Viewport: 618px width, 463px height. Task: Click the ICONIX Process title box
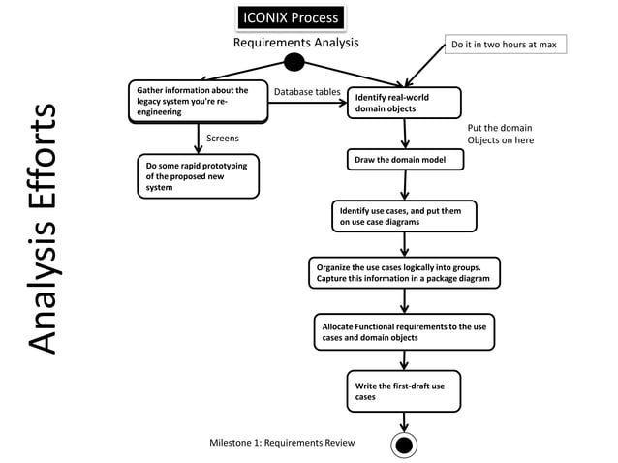(290, 18)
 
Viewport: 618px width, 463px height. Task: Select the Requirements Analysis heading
(295, 43)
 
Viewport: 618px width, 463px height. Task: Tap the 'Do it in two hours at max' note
(504, 45)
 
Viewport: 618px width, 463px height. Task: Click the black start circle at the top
(294, 63)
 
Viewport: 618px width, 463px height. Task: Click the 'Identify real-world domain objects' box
(405, 103)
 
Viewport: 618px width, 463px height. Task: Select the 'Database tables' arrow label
(307, 92)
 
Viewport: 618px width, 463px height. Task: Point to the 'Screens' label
(223, 139)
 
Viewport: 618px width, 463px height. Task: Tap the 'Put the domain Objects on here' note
(500, 134)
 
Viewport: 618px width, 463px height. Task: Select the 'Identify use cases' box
(404, 216)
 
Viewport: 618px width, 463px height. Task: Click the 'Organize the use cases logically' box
(405, 272)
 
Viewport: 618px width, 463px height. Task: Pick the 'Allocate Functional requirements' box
(404, 332)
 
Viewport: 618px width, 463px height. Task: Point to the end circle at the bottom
(404, 445)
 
